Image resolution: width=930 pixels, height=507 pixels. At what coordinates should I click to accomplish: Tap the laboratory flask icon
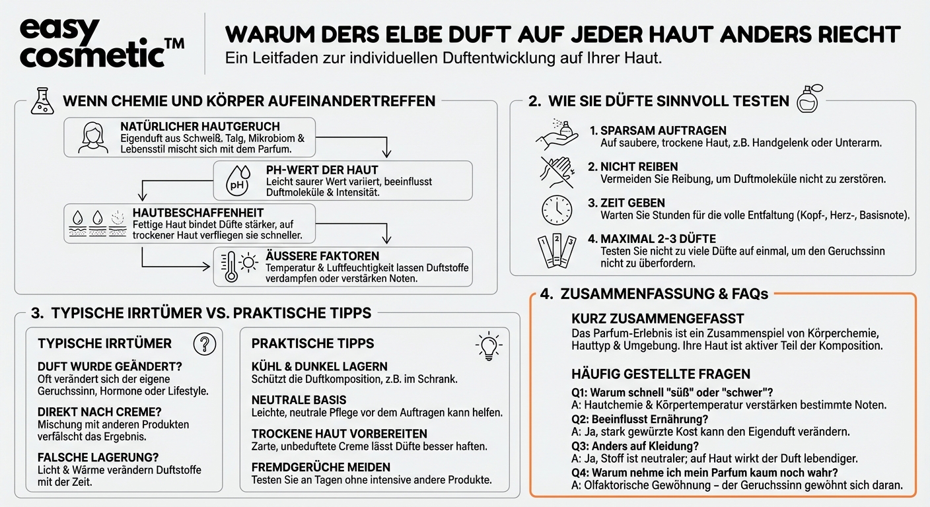pos(41,102)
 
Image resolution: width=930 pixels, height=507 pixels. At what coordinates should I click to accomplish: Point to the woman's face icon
pos(92,137)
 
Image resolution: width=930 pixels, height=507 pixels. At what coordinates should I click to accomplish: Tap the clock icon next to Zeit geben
pos(557,209)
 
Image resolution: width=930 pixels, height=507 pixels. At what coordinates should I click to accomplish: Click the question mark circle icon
pos(205,343)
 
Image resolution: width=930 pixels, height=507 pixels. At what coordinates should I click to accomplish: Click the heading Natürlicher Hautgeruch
pos(200,126)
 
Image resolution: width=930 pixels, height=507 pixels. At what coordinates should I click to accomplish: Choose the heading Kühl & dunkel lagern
pos(320,366)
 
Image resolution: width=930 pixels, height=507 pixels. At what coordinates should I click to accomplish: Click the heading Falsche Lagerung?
pos(98,457)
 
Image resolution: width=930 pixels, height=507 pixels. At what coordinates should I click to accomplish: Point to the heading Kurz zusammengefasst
pos(658,319)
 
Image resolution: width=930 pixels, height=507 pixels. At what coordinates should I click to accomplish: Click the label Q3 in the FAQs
pos(579,445)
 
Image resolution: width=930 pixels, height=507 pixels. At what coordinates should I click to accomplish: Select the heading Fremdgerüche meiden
pos(321,467)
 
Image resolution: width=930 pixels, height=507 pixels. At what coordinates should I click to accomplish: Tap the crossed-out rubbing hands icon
pos(557,173)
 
